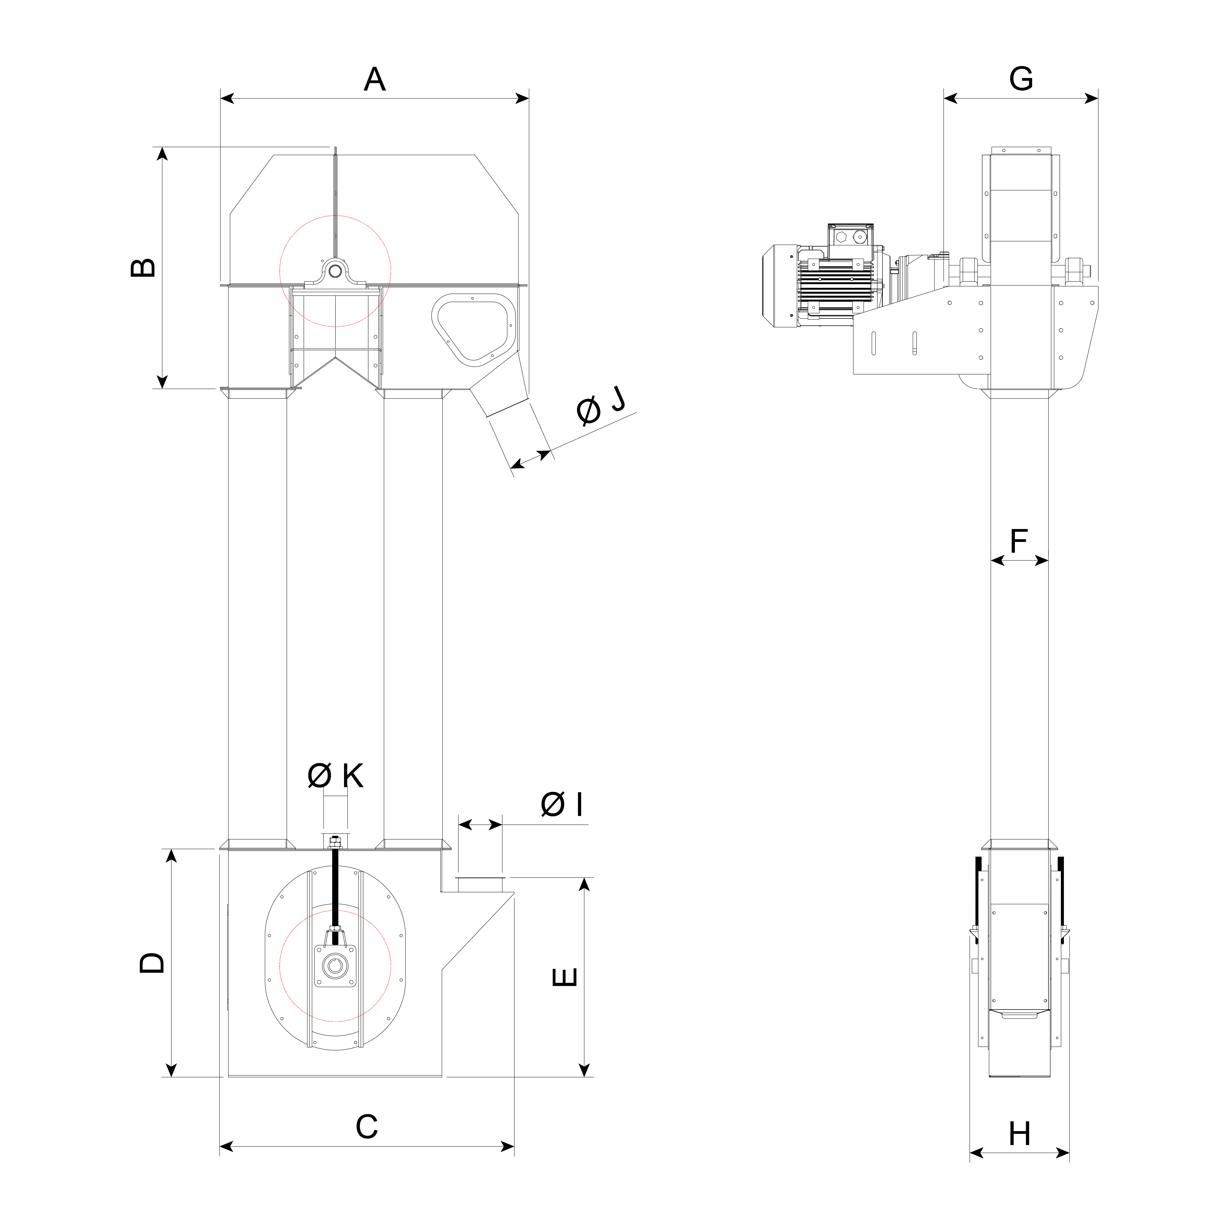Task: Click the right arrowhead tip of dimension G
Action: pyautogui.click(x=1098, y=98)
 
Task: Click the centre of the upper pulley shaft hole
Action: pyautogui.click(x=335, y=271)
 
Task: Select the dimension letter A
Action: pyautogui.click(x=375, y=79)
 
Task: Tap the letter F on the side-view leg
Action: pyautogui.click(x=1018, y=541)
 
